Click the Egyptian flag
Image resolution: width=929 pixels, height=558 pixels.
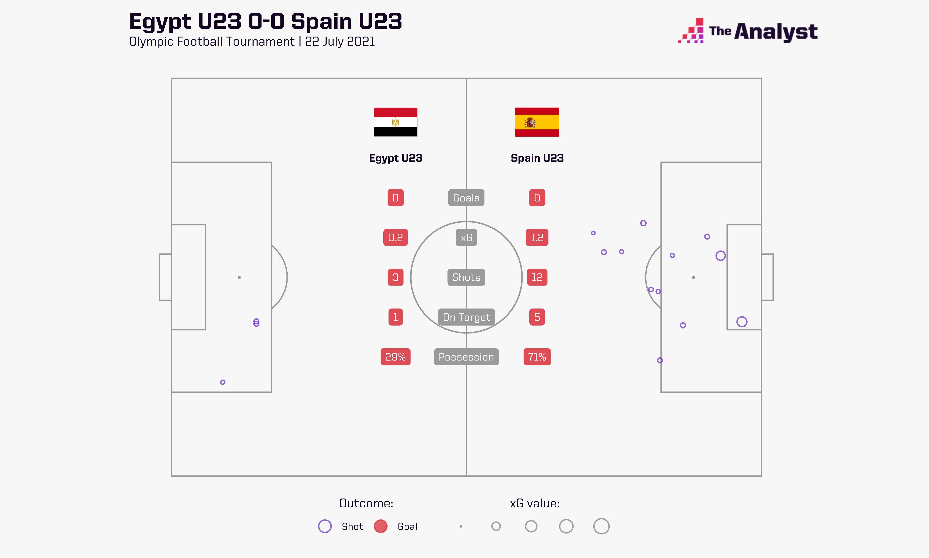click(395, 122)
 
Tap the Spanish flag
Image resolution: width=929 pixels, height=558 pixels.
click(537, 122)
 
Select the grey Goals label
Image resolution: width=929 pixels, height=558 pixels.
click(466, 198)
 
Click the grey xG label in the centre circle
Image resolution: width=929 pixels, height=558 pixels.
click(466, 238)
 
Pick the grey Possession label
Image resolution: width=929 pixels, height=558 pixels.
click(466, 357)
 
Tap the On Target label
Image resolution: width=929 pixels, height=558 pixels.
click(466, 317)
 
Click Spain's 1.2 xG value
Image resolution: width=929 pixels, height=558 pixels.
click(537, 238)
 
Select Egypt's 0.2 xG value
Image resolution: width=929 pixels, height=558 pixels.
click(395, 238)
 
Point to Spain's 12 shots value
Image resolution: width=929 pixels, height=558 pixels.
click(537, 277)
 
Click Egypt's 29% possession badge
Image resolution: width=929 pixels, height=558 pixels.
click(395, 357)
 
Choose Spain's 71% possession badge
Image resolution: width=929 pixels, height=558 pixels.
click(537, 357)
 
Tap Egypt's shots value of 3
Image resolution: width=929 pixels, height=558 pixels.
click(395, 277)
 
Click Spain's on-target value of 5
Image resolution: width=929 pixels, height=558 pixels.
click(537, 317)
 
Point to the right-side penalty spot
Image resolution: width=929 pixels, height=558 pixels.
click(694, 277)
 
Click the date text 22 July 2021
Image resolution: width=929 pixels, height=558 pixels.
click(340, 41)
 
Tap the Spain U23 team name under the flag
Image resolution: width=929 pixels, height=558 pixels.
click(537, 158)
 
